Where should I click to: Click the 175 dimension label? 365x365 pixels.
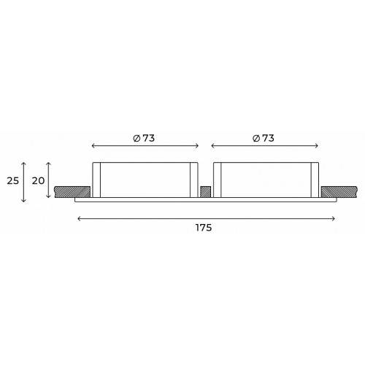(x=204, y=228)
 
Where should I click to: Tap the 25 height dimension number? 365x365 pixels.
(x=13, y=181)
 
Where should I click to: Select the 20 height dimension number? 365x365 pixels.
(x=39, y=181)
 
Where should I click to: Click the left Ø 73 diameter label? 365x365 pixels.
(x=144, y=138)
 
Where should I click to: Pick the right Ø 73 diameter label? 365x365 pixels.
(x=264, y=138)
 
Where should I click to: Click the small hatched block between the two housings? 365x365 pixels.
(x=206, y=192)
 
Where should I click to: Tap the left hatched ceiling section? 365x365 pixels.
(x=72, y=192)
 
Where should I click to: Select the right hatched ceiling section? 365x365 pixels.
(x=339, y=192)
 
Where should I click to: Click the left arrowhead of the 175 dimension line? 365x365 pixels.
(x=79, y=219)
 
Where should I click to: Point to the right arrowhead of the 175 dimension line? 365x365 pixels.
(x=334, y=219)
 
